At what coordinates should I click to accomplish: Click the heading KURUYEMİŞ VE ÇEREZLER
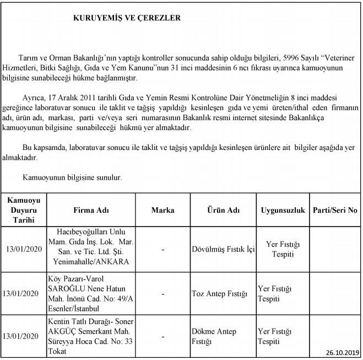(127, 18)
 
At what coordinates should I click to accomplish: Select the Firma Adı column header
(91, 210)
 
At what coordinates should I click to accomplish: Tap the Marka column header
(162, 210)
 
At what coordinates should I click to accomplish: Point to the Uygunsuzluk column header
(283, 210)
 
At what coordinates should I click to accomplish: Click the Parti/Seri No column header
(334, 210)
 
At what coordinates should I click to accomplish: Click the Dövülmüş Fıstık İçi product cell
(223, 249)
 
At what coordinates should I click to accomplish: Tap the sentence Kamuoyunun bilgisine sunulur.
(72, 178)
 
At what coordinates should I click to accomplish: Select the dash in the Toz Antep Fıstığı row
(163, 294)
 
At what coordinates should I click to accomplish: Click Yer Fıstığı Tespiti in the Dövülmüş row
(282, 249)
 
